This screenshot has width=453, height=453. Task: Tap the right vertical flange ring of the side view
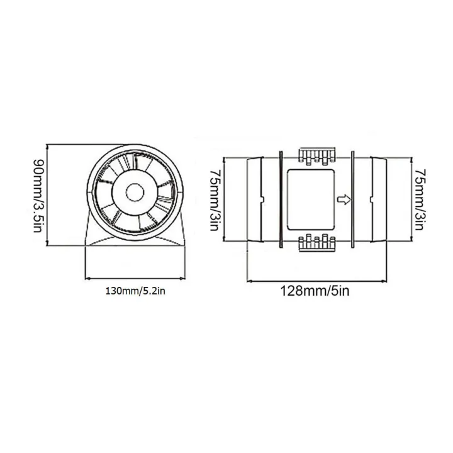pos(353,199)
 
